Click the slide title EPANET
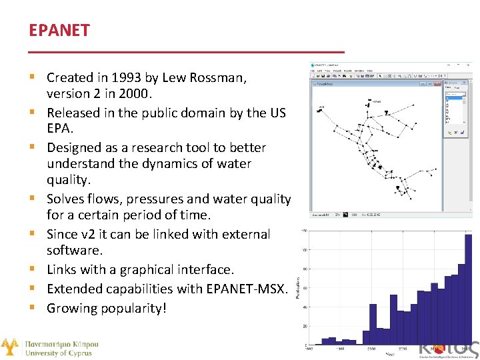pos(59,31)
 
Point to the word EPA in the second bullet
pos(58,128)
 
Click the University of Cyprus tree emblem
pos(10,347)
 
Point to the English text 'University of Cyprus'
pos(61,353)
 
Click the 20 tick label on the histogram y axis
pos(304,326)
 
